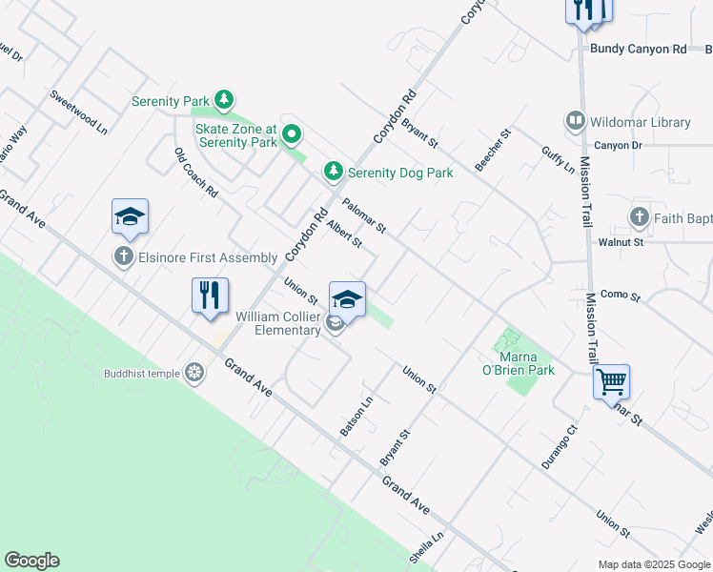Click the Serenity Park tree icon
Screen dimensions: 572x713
(x=224, y=98)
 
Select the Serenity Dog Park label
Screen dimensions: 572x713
(x=399, y=172)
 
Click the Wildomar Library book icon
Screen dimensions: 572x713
(x=575, y=121)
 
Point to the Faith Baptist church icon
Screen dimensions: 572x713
(x=639, y=217)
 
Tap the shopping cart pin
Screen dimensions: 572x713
(x=611, y=382)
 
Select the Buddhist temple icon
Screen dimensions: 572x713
(x=194, y=372)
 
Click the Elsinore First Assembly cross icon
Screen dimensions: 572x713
(x=123, y=256)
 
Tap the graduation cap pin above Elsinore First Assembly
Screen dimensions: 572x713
(x=130, y=216)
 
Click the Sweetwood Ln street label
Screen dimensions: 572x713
(x=78, y=112)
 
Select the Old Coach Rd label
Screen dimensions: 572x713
(x=196, y=173)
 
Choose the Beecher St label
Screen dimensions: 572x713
(x=494, y=150)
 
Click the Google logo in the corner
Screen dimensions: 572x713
(x=31, y=561)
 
